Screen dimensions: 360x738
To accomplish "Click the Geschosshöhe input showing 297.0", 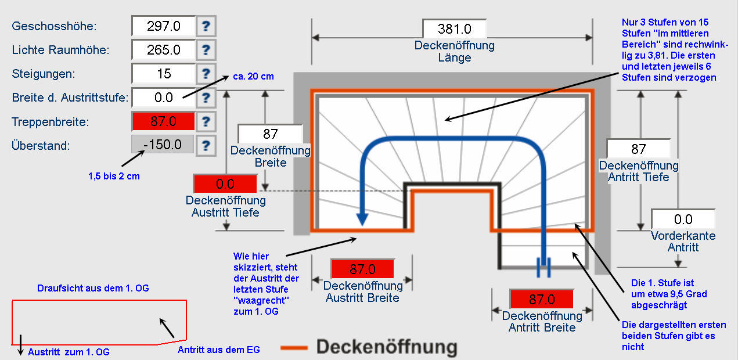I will coord(164,26).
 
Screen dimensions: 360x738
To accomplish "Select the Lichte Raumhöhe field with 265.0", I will coord(164,50).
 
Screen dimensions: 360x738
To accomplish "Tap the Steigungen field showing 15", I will coord(164,74).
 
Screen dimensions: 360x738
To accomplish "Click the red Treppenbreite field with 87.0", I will coord(164,121).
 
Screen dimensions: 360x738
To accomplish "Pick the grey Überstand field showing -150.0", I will coord(164,145).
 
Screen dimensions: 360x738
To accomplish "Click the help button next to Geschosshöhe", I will coord(206,26).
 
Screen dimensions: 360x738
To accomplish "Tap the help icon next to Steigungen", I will coord(206,74).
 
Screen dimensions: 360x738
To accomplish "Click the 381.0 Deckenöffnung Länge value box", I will coord(454,28).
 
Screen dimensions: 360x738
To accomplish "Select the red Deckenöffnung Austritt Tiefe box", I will coord(225,184).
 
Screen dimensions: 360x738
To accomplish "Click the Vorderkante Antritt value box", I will coord(683,219).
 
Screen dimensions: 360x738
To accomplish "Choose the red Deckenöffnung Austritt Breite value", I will coord(362,269).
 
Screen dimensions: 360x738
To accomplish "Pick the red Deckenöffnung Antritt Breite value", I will coord(541,300).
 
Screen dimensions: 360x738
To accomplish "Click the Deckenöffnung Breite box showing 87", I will coord(271,134).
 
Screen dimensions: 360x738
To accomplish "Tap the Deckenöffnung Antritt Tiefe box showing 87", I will coord(638,149).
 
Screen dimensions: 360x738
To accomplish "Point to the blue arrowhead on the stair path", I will coord(362,218).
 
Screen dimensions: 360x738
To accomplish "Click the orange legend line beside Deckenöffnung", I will coord(294,348).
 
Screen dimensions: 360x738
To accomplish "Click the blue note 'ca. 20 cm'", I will coord(253,76).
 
